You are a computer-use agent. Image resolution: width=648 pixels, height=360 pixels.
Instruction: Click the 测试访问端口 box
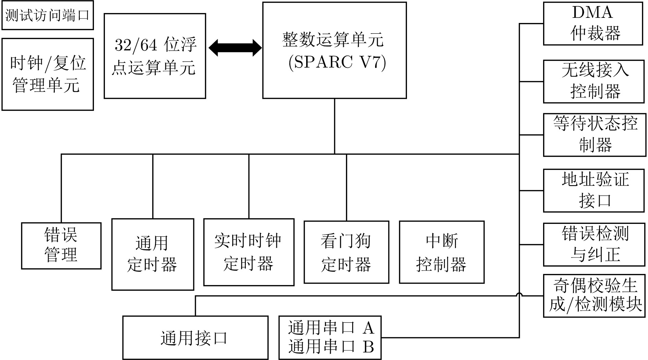point(47,16)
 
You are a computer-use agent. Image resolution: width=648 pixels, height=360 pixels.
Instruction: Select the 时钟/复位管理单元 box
point(47,74)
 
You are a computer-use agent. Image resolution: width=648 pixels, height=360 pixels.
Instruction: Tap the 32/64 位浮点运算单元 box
point(155,56)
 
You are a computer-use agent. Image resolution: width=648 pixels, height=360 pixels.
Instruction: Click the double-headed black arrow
point(235,47)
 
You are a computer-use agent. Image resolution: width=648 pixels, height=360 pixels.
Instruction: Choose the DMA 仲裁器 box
point(593,23)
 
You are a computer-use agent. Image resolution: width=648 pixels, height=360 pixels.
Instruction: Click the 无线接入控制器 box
point(594,81)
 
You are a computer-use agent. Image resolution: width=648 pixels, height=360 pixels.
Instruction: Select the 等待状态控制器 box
point(595,135)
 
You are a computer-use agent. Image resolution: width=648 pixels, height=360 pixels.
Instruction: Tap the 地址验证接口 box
point(594,190)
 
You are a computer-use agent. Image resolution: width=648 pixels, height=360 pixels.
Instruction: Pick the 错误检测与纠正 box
point(594,244)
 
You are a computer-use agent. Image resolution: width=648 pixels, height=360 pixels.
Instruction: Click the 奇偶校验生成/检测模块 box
point(595,296)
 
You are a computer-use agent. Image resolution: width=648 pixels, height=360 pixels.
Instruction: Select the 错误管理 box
point(61,245)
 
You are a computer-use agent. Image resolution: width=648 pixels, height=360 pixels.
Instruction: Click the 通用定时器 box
point(153,254)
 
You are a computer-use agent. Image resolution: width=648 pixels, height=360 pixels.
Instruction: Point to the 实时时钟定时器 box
point(249,252)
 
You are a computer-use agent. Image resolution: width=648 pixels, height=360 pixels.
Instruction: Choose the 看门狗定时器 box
point(346,252)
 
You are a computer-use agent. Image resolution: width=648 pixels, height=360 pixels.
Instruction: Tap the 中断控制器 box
point(442,252)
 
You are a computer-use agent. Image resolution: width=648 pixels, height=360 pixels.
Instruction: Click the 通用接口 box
point(195,338)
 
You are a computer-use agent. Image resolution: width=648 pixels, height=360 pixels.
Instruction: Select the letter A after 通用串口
point(368,328)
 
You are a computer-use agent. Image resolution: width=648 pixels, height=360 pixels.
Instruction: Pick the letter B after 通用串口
point(368,347)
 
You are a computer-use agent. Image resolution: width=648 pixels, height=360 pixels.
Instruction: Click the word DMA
point(592,13)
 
